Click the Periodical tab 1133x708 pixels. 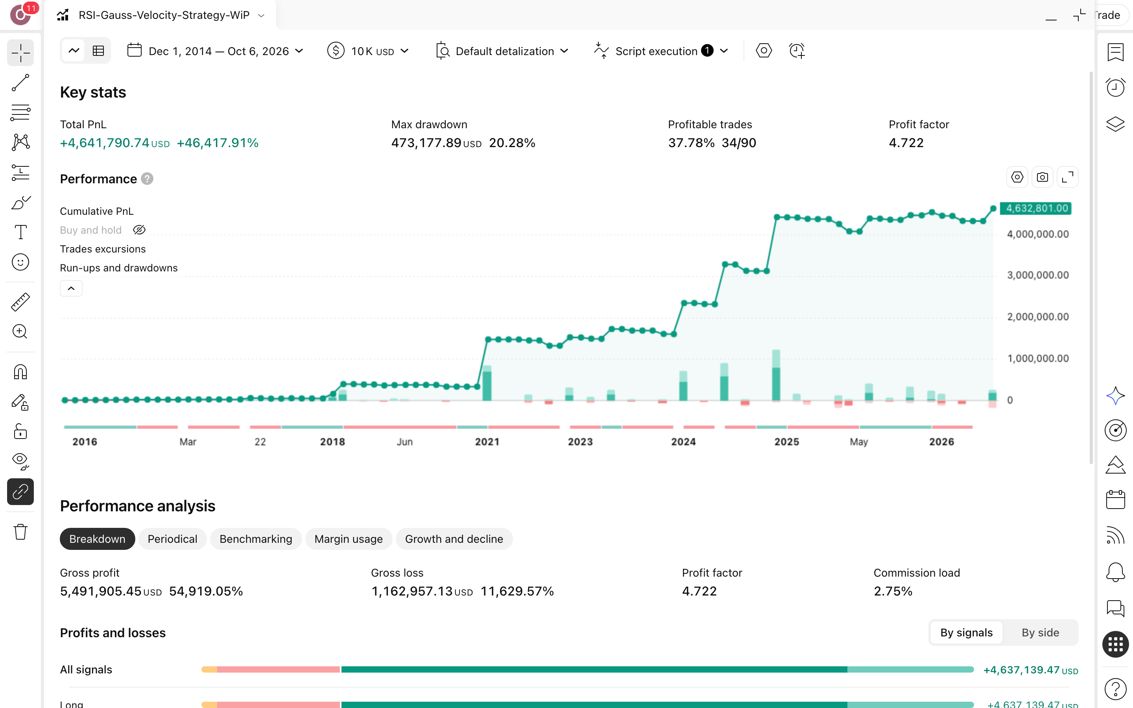pos(172,539)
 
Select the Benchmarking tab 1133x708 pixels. pos(256,539)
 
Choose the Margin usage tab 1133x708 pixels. pos(348,539)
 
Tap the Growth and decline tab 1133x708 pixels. pos(454,539)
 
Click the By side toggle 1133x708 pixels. pos(1040,632)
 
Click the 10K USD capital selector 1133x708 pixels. pos(368,51)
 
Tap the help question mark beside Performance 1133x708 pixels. pos(147,179)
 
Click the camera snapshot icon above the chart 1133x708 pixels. pos(1042,177)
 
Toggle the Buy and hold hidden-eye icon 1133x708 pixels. pos(139,230)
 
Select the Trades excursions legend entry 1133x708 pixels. pos(103,249)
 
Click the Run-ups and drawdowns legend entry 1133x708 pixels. pos(119,268)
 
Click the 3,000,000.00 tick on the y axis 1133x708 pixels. pos(1038,275)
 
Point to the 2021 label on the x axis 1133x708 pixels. pos(487,442)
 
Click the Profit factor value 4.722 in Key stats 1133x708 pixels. pos(906,143)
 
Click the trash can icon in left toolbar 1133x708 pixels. pos(20,532)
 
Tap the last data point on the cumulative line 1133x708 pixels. pos(993,209)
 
